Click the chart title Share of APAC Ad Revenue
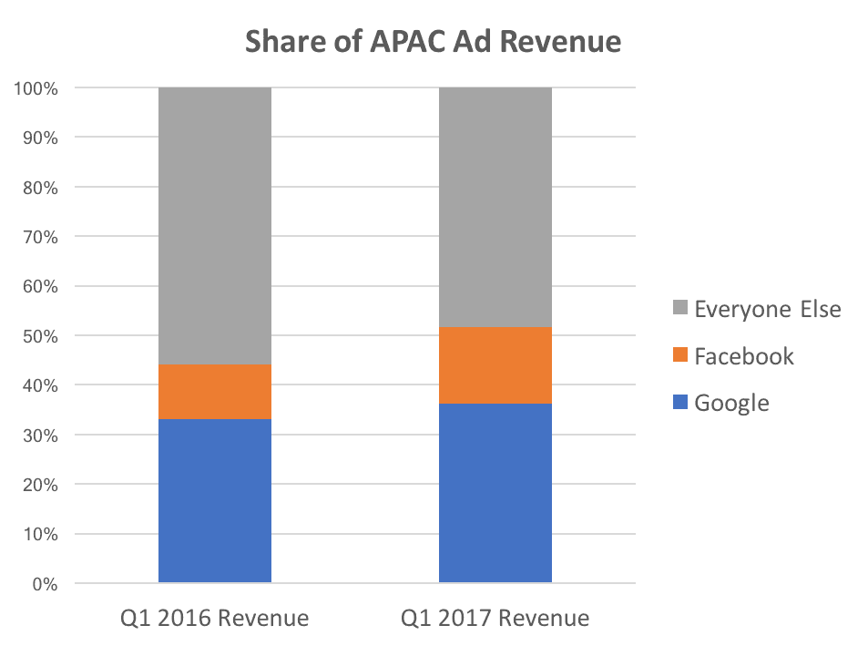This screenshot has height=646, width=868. (x=433, y=42)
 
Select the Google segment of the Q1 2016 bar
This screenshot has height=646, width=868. (x=214, y=500)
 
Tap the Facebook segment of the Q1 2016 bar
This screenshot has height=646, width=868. (x=214, y=392)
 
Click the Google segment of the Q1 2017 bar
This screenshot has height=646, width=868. (x=495, y=492)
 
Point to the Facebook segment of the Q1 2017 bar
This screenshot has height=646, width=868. (x=495, y=365)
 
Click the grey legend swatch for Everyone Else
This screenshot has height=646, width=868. (x=679, y=310)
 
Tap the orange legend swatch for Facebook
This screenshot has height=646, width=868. (x=679, y=356)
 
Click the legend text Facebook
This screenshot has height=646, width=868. (x=743, y=356)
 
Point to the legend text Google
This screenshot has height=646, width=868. (x=731, y=404)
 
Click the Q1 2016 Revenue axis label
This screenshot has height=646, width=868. (x=214, y=620)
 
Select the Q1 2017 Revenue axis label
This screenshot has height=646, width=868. (x=495, y=620)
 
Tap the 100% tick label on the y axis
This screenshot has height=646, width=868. (x=36, y=89)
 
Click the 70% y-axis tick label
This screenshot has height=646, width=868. (x=39, y=238)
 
